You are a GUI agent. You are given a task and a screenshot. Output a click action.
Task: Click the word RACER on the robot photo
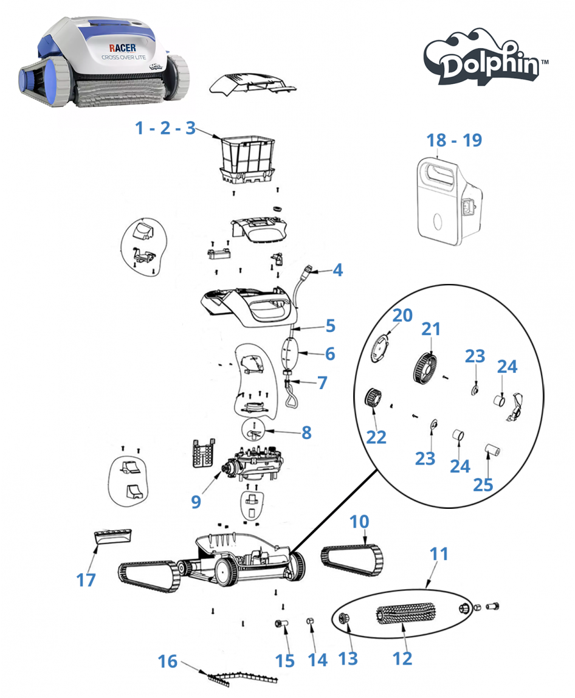click(122, 47)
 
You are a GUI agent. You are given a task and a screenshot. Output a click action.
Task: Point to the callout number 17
click(86, 579)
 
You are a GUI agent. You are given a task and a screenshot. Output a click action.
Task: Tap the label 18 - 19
click(454, 140)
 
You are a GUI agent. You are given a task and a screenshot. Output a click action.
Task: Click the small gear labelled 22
click(373, 400)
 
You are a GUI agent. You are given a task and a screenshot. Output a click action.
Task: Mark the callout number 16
click(169, 660)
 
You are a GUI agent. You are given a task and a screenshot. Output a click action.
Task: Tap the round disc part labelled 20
click(380, 347)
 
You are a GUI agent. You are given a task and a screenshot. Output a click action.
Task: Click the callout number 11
click(439, 554)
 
